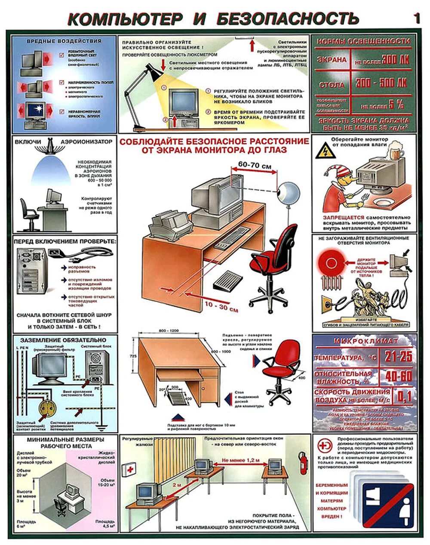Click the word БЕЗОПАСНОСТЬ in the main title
pos(287,18)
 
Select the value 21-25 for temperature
pos(398,357)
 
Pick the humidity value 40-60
pos(398,376)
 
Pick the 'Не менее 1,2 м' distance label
pos(241,460)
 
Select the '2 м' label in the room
pos(176,484)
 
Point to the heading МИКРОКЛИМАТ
pos(365,341)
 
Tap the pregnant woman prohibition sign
pos(383,500)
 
